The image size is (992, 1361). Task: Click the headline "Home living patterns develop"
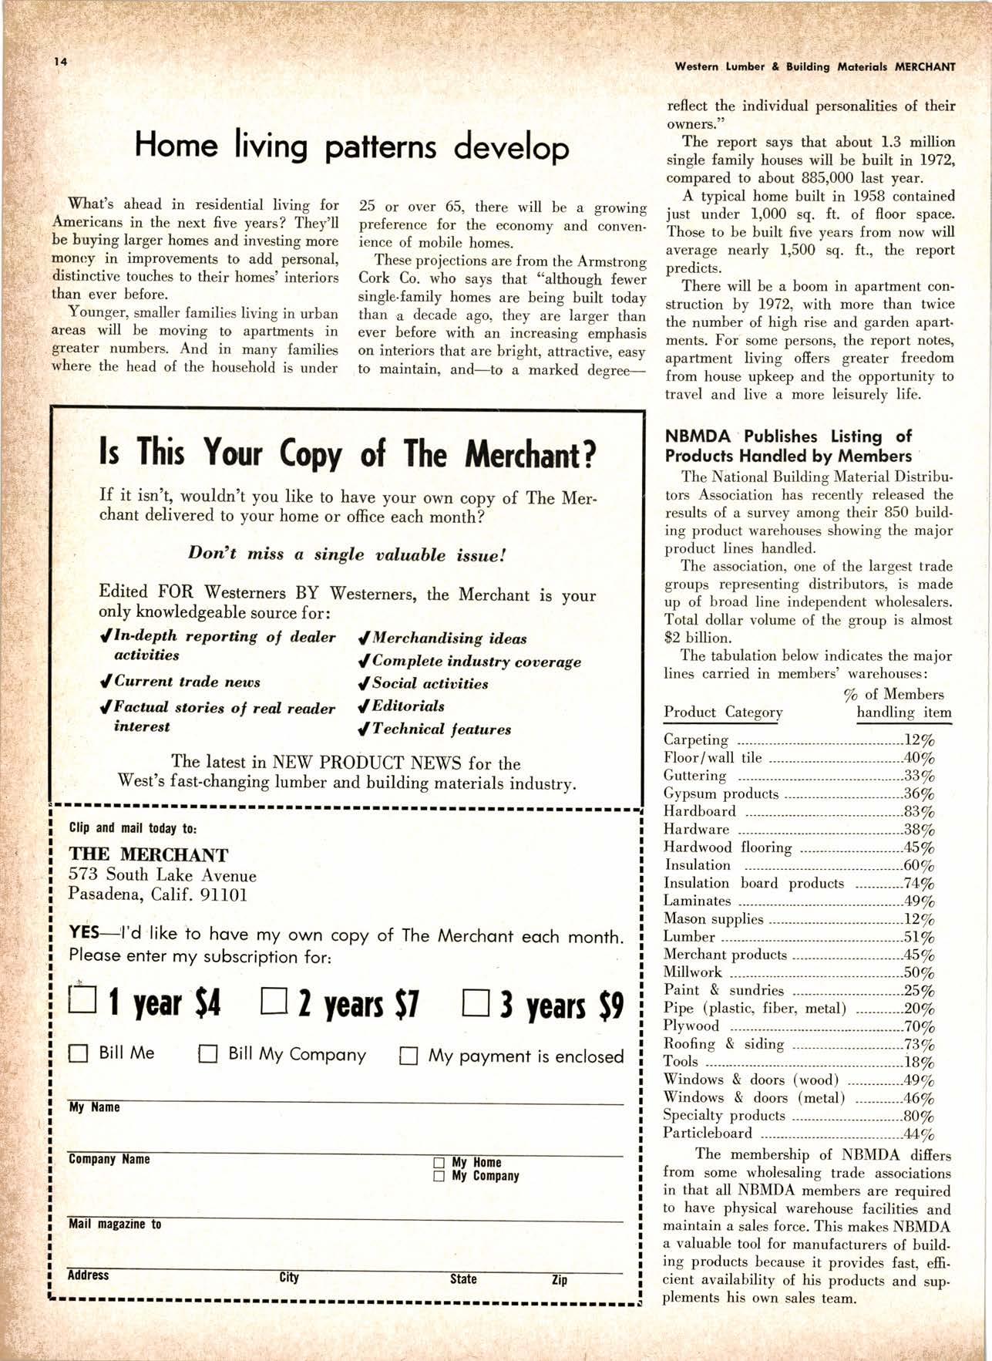(x=351, y=146)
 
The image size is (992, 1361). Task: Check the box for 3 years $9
(x=476, y=1004)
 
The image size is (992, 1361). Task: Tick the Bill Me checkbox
(x=79, y=1053)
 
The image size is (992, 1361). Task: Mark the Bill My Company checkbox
(x=208, y=1054)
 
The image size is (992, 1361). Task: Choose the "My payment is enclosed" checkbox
(x=409, y=1056)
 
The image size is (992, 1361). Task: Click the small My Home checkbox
(x=439, y=1162)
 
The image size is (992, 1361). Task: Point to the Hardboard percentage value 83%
(x=919, y=812)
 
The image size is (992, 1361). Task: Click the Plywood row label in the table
(x=691, y=1026)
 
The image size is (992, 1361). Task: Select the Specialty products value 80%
(x=919, y=1116)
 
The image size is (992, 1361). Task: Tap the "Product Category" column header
(x=723, y=712)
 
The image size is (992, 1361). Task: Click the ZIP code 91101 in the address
(x=224, y=895)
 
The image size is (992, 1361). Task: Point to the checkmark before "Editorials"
(x=363, y=706)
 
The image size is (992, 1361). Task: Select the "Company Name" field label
(x=109, y=1159)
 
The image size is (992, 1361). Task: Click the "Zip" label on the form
(x=560, y=1279)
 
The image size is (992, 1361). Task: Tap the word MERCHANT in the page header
(x=924, y=67)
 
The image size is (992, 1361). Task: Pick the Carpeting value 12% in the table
(x=919, y=740)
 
